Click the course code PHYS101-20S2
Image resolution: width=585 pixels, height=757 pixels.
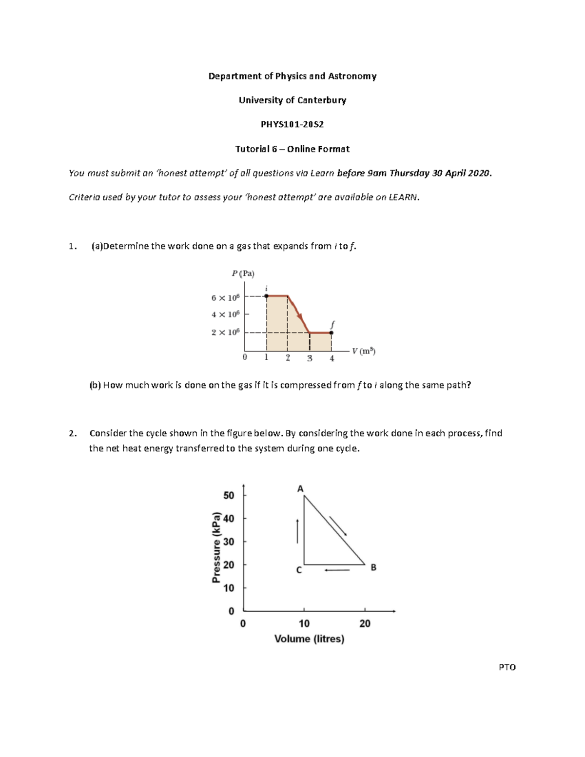292,124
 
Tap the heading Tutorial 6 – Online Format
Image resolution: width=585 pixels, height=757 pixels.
292,149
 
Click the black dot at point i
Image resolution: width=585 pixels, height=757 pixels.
266,296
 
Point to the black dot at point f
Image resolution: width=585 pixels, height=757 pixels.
331,333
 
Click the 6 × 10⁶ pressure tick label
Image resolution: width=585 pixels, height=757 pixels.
225,297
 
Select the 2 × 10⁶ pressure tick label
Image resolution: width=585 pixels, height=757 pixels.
225,332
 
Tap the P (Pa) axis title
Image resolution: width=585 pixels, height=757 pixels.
243,273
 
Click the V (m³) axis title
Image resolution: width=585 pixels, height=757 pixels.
364,351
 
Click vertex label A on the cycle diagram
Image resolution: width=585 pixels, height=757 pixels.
300,488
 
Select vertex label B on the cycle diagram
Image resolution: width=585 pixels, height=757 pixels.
373,567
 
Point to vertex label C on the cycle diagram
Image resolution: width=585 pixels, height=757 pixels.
299,569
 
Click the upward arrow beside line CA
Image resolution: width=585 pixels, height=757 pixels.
297,531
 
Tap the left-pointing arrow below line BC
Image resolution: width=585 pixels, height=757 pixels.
337,570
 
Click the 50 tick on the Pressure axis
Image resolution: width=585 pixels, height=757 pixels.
229,495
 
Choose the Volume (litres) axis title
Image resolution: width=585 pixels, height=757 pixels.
309,639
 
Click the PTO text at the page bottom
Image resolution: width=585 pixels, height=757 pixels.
507,667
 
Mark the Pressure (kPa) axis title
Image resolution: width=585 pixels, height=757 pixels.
216,547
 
